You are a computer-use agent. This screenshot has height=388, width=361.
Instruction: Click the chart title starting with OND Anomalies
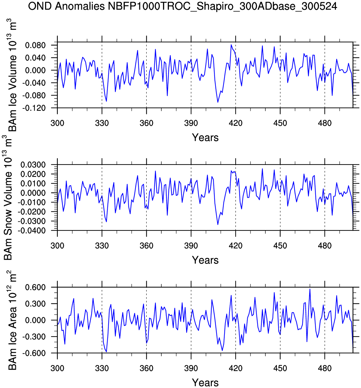183,6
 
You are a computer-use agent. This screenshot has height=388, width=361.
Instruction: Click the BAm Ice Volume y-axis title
12,75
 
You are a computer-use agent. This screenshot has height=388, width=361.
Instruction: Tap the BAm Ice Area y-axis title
12,320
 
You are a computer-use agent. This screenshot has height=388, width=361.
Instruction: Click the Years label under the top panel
205,138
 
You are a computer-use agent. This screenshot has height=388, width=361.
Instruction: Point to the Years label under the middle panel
205,260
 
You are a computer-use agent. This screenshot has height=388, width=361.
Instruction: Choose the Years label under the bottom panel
205,383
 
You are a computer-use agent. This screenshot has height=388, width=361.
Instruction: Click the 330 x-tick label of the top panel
102,123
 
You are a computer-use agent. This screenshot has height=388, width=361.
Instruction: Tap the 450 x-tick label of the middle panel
280,246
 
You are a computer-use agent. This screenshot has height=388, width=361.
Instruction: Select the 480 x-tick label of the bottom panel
324,368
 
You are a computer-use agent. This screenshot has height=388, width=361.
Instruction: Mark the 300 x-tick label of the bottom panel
57,368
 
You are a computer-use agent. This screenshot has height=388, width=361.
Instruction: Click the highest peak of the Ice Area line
310,289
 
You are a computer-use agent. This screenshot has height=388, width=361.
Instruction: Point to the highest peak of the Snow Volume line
262,169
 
